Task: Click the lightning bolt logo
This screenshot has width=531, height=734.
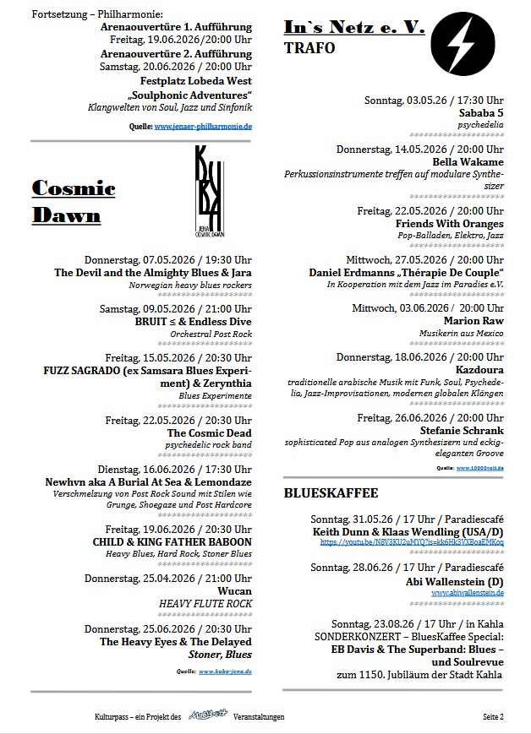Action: point(463,42)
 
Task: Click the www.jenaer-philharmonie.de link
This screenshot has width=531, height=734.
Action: point(203,127)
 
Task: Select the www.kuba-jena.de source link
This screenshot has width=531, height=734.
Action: point(225,671)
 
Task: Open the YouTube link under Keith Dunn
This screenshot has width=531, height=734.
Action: point(412,542)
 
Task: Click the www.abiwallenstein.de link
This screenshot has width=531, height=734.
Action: point(467,593)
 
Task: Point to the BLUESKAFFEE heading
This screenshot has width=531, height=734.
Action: point(331,492)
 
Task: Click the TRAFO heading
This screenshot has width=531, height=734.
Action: point(309,48)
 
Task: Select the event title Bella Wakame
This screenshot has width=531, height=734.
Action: point(468,161)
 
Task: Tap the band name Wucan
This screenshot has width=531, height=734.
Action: point(235,592)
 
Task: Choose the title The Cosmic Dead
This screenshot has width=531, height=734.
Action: point(209,432)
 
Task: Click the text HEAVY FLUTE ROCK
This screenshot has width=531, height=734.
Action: point(205,605)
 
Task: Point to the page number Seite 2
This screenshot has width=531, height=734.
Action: point(493,717)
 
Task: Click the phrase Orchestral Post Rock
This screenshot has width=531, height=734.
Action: point(211,334)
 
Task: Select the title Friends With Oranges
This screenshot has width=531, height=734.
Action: point(450,223)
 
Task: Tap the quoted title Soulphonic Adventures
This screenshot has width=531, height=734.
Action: point(190,95)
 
